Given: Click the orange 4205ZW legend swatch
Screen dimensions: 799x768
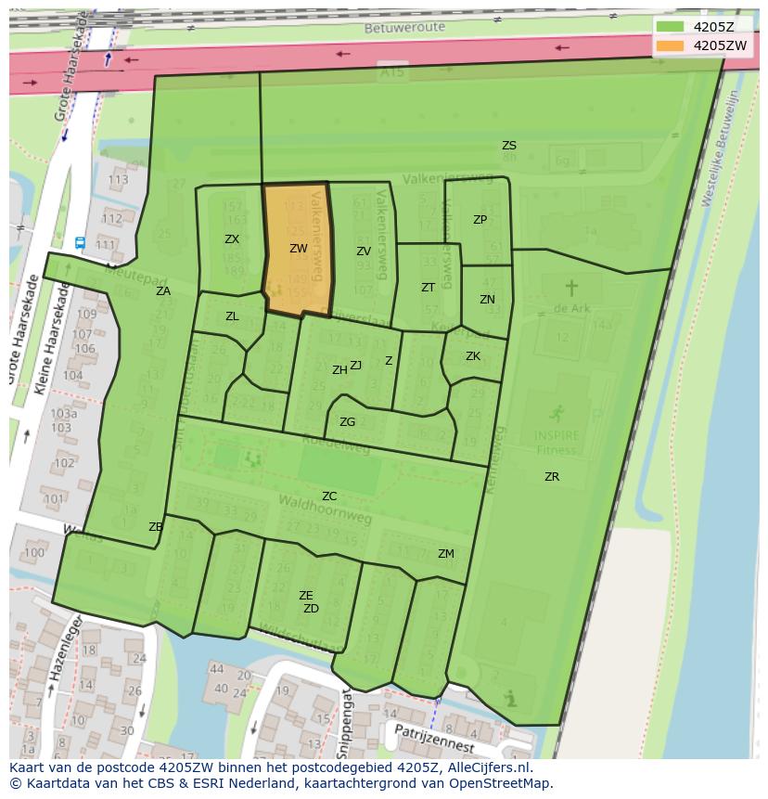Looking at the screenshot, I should [671, 45].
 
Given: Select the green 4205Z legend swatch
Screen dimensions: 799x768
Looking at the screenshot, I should [671, 27].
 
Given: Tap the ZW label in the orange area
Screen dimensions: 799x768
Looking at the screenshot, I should [298, 249].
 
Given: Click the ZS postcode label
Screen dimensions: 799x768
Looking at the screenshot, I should [509, 146].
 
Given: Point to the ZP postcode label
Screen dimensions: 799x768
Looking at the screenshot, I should [480, 220].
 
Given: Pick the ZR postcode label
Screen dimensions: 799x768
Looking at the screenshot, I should [552, 477].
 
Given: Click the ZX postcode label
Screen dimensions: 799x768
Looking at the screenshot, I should [232, 239].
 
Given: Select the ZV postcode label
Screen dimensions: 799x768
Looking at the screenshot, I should [364, 251].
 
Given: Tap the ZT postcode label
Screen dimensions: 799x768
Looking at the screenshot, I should [428, 288].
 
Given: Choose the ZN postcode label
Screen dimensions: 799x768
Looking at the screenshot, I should [487, 300].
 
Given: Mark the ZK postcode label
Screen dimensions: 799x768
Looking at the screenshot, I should [473, 356].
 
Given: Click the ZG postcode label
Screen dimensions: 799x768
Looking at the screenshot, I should [347, 422].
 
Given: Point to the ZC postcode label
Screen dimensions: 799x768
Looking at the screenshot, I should [329, 496].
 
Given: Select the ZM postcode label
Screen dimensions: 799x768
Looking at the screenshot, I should [446, 554].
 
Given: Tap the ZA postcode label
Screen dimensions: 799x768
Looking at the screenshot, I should [163, 291].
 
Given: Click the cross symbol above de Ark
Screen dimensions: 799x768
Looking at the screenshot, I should [571, 288].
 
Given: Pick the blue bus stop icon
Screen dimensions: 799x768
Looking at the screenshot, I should [80, 242].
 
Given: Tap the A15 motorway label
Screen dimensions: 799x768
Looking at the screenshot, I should [391, 71].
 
